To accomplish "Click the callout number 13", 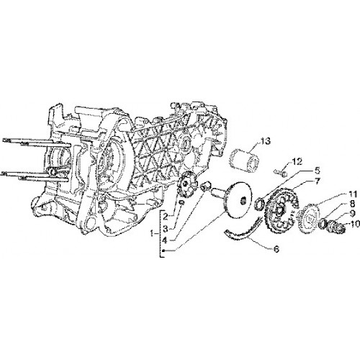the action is pyautogui.click(x=262, y=141).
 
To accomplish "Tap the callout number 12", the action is pyautogui.click(x=295, y=162).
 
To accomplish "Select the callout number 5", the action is pyautogui.click(x=317, y=171).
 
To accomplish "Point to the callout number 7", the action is pyautogui.click(x=317, y=181).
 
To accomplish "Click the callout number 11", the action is pyautogui.click(x=351, y=194).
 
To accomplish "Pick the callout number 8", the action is pyautogui.click(x=352, y=205).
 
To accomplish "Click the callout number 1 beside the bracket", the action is pyautogui.click(x=152, y=233).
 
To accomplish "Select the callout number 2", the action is pyautogui.click(x=165, y=217).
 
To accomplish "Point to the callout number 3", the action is pyautogui.click(x=165, y=229).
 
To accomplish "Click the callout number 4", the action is pyautogui.click(x=164, y=240).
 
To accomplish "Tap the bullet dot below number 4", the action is pyautogui.click(x=163, y=251).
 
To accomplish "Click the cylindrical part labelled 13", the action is pyautogui.click(x=243, y=160).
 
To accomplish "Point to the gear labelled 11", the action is pyautogui.click(x=307, y=217).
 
